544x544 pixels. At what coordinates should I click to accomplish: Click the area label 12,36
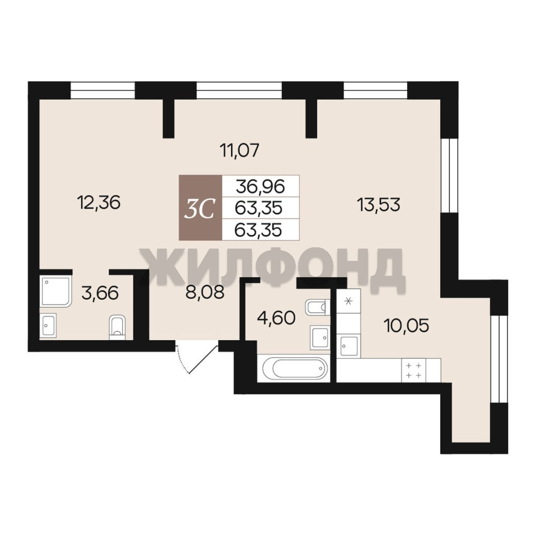(x=100, y=202)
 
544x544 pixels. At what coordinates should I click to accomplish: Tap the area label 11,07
(x=240, y=151)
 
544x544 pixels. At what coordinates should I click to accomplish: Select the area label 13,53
(x=379, y=205)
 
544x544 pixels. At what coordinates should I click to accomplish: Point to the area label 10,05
(x=406, y=325)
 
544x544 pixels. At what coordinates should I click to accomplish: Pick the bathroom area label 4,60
(x=276, y=318)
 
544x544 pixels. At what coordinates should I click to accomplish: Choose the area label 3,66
(x=100, y=293)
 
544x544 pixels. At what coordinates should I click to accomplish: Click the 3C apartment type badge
(x=200, y=208)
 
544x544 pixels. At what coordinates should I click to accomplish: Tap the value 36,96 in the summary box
(x=260, y=187)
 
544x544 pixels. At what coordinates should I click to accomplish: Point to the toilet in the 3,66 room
(x=118, y=327)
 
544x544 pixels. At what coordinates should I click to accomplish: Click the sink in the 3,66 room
(x=48, y=325)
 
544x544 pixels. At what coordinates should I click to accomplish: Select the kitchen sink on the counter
(x=349, y=346)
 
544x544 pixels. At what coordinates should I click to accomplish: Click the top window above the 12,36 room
(x=102, y=90)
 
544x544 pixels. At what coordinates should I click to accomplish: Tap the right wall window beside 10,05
(x=499, y=359)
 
